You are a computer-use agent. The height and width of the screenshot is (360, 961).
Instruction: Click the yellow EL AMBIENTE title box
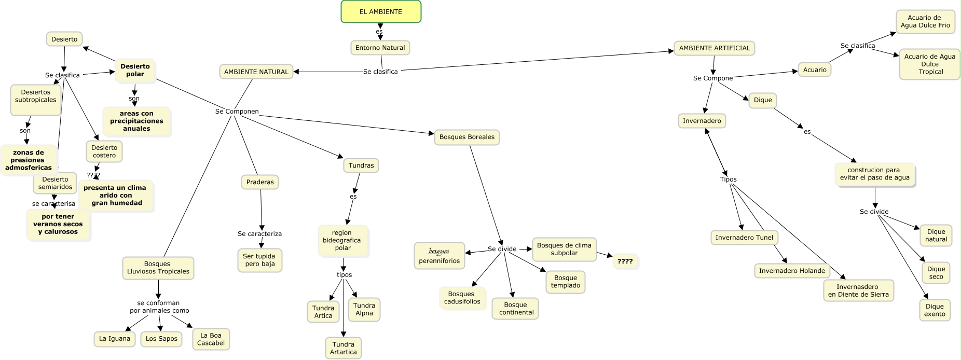(381, 11)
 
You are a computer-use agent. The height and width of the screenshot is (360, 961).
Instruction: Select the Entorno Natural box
(380, 48)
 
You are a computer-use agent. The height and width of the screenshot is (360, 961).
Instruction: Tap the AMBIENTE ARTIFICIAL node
(715, 48)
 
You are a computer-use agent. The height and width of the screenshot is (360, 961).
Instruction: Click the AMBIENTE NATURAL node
(256, 72)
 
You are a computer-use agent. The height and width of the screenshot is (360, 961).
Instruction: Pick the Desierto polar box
(135, 70)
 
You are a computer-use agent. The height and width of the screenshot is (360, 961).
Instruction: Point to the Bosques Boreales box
(467, 137)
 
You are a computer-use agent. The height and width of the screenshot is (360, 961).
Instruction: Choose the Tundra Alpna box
(364, 309)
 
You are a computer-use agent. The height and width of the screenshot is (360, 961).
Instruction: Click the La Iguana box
(115, 339)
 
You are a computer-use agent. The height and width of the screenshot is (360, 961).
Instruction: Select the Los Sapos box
(161, 339)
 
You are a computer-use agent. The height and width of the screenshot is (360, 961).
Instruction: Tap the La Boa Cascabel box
(211, 339)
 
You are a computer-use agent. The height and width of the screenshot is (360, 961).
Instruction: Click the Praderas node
(260, 182)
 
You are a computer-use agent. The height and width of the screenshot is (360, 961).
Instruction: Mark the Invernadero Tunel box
(744, 238)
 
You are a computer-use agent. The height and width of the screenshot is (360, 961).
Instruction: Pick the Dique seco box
(936, 273)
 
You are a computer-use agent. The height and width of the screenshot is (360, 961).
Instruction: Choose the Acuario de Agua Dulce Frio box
(925, 21)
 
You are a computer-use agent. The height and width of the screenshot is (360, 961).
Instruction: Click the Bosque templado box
(566, 282)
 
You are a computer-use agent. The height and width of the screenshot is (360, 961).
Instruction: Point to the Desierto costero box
(104, 151)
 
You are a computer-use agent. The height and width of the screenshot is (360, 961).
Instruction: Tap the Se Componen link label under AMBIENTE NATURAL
(237, 112)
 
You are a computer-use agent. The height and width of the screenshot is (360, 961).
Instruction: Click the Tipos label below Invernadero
(728, 179)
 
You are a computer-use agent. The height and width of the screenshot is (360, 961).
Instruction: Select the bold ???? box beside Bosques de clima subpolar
(625, 261)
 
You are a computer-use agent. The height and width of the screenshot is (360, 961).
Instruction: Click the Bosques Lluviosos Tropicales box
(158, 268)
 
